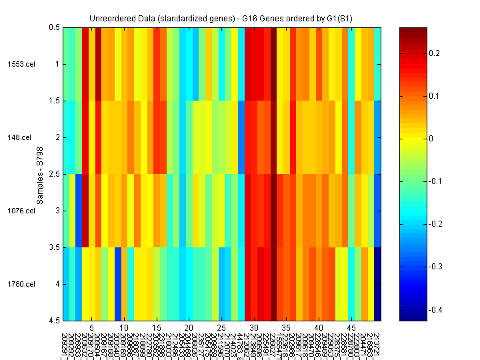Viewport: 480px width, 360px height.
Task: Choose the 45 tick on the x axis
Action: point(351,328)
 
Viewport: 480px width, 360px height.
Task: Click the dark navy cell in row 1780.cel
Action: point(378,284)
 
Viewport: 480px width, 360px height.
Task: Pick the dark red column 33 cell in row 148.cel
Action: point(273,137)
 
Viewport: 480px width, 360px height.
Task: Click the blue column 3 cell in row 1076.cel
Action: point(79,211)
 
